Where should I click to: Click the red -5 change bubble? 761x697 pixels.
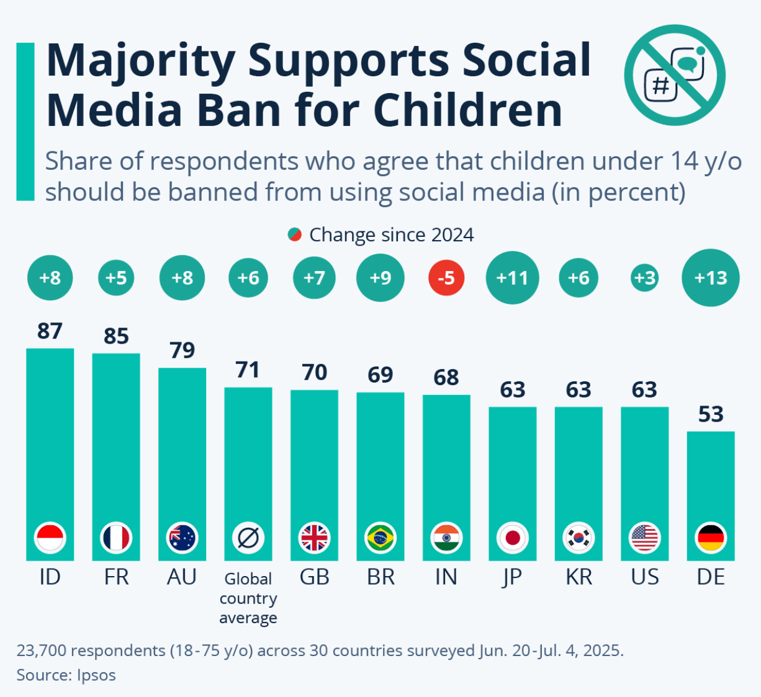446,278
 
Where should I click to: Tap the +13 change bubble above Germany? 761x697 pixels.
710,278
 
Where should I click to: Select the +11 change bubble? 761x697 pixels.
512,278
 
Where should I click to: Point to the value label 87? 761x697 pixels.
50,331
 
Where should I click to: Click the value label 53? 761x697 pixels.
711,414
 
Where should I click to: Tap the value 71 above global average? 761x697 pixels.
248,370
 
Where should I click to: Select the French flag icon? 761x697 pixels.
116,538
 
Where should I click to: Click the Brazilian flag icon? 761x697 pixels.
381,538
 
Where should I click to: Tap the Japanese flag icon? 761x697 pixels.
513,538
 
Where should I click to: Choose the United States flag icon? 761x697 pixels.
645,538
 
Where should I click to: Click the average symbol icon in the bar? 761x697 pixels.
248,538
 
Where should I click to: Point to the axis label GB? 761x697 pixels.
314,577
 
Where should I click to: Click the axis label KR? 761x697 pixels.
579,577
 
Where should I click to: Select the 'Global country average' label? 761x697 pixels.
248,598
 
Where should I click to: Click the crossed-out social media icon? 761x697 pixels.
674,75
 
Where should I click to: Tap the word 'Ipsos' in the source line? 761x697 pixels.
96,675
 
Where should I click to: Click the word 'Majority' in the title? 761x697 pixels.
140,61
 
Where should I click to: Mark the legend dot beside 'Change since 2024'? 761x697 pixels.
294,235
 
